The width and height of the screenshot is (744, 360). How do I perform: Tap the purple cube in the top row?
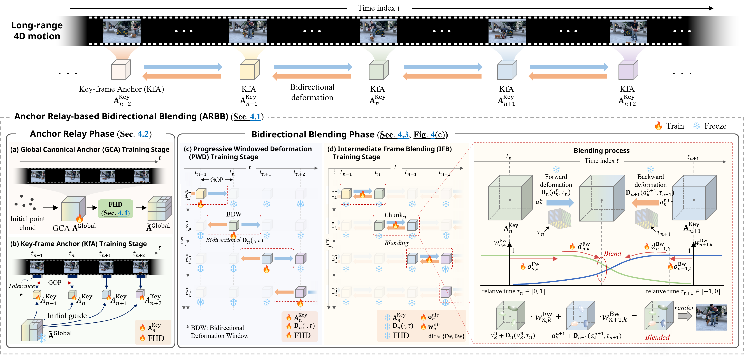point(628,70)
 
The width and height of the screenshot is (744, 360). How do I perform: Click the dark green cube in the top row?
point(378,70)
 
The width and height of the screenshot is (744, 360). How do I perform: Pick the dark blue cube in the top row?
point(507,70)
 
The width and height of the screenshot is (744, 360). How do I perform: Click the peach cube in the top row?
point(121,70)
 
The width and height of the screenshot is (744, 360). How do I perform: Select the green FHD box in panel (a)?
point(115,209)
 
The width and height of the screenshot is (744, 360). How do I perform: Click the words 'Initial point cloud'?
point(28,223)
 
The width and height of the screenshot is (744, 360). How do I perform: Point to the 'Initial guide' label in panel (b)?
point(67,315)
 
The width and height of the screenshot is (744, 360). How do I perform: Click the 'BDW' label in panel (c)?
point(234,214)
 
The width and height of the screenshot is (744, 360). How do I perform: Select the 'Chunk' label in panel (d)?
point(395,215)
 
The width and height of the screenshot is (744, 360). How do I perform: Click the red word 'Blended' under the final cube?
point(657,337)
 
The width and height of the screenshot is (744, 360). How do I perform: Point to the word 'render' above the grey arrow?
point(684,308)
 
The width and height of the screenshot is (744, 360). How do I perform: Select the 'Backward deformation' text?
point(650,181)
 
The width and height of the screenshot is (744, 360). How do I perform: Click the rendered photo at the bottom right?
point(711,317)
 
